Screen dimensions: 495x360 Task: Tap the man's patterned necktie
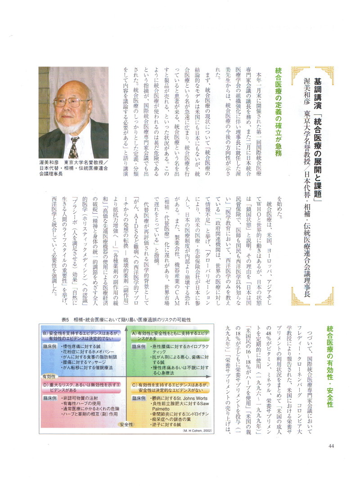tap(74, 147)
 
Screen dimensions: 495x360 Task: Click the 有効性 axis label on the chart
tap(49, 376)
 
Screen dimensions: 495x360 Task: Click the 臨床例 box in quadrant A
tap(140, 347)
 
